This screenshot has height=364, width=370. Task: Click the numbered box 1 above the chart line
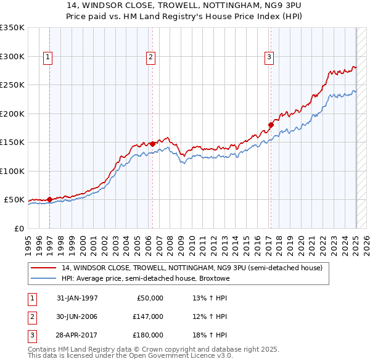pyautogui.click(x=48, y=57)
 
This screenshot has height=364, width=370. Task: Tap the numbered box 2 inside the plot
pyautogui.click(x=150, y=57)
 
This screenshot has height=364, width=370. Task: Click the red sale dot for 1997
pyautogui.click(x=49, y=199)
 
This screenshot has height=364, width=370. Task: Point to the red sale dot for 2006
pyautogui.click(x=152, y=144)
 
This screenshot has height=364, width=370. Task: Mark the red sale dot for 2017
pyautogui.click(x=271, y=125)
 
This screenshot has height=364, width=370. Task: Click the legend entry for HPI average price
pyautogui.click(x=145, y=279)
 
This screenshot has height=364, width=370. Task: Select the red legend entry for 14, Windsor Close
pyautogui.click(x=191, y=268)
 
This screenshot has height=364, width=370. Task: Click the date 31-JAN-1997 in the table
pyautogui.click(x=77, y=298)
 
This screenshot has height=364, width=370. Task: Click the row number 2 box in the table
pyautogui.click(x=31, y=316)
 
